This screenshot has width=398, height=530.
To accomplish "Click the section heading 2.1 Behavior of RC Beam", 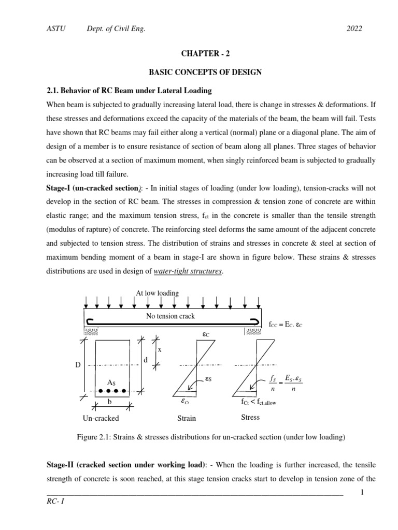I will tap(130, 91).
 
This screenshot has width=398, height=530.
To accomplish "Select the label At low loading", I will tap(157, 293).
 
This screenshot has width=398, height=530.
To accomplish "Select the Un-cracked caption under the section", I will tap(101, 418).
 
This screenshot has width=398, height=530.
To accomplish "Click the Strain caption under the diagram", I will tap(187, 418).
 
